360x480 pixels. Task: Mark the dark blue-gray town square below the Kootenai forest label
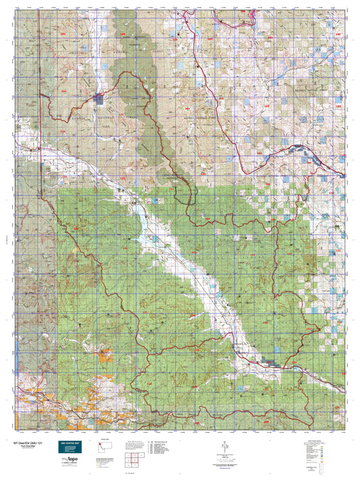pos(100,100)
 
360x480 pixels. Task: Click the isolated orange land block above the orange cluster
pos(103,352)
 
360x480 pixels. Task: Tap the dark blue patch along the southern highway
pos(273,364)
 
